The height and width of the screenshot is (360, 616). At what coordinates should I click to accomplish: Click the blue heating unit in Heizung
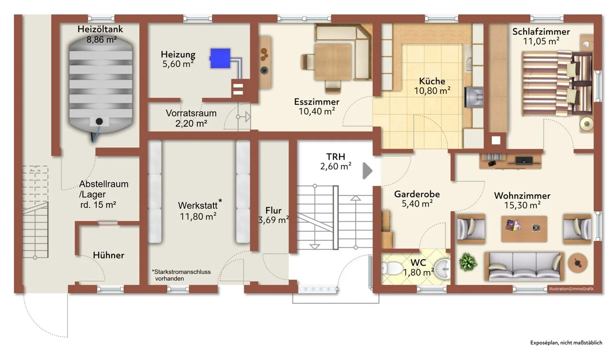tap(220, 58)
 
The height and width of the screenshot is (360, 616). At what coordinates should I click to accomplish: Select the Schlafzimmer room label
tap(541, 31)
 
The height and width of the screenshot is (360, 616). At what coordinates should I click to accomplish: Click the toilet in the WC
tap(392, 268)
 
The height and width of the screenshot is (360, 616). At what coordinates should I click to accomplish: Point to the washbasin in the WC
tap(443, 269)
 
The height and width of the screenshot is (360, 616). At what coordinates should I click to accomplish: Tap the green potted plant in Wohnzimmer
tap(468, 262)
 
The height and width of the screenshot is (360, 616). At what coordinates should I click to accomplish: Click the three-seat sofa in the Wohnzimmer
tap(524, 266)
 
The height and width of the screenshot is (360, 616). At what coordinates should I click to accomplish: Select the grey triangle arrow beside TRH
tap(368, 171)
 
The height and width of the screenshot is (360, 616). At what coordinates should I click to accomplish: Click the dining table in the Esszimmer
tap(333, 62)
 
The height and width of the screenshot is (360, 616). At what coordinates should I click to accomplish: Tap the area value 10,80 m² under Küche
tap(432, 90)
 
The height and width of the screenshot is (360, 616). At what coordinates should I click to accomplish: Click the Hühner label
tap(109, 255)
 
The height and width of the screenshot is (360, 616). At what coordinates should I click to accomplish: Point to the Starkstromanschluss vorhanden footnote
tap(181, 275)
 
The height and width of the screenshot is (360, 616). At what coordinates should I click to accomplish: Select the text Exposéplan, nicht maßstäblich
tap(566, 343)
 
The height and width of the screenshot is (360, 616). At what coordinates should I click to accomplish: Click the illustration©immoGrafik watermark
tap(571, 289)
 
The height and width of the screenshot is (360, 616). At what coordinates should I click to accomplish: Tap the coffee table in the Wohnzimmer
tap(524, 229)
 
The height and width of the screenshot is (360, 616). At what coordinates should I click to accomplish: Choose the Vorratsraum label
tap(191, 113)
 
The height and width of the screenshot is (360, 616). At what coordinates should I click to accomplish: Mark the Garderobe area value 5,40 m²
tap(417, 204)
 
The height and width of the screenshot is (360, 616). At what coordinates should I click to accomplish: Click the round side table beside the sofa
tap(577, 263)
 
